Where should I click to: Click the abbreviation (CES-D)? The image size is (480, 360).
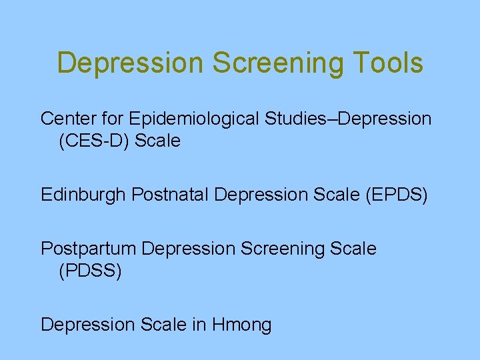(x=94, y=141)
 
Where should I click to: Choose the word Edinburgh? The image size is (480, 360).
(x=83, y=195)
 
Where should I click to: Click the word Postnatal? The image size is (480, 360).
(x=170, y=195)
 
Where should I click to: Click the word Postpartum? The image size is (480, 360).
(x=89, y=249)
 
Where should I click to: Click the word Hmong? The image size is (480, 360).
(x=241, y=325)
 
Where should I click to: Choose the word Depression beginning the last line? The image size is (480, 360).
(x=88, y=325)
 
